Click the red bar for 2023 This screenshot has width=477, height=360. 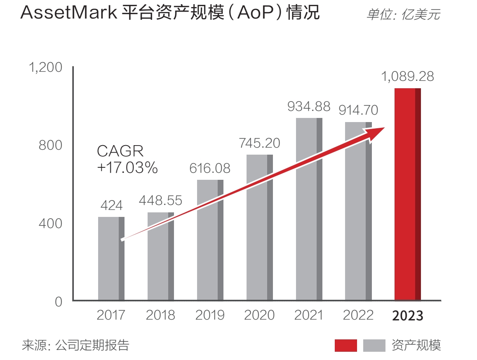(407, 194)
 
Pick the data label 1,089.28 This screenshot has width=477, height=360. (407, 77)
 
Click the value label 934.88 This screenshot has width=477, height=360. (309, 106)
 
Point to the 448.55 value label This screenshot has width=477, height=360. (160, 200)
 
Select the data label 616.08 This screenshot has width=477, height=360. (210, 168)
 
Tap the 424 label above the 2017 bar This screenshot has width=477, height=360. (111, 205)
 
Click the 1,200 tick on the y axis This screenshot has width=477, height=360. (45, 67)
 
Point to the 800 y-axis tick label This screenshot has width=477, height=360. (50, 145)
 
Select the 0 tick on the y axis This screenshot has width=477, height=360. (58, 301)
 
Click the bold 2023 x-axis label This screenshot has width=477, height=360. (407, 316)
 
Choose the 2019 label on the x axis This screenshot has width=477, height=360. (210, 315)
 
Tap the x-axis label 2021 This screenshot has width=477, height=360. (309, 315)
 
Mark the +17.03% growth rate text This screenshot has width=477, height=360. (127, 167)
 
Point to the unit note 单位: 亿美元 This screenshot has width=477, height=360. (403, 15)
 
